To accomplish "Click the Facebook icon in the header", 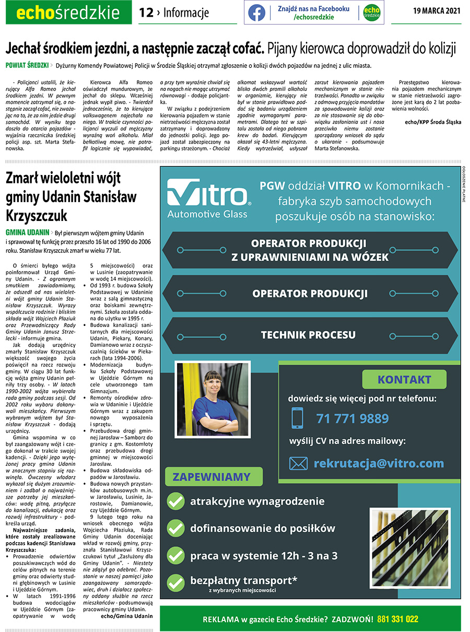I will pyautogui.click(x=256, y=13).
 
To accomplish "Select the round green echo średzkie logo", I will pyautogui.click(x=371, y=13).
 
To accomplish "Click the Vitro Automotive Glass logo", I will pyautogui.click(x=208, y=198).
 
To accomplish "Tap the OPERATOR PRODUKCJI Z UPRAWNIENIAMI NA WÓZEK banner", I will pyautogui.click(x=310, y=250).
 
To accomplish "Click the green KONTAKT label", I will pyautogui.click(x=404, y=380).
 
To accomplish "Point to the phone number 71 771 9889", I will pyautogui.click(x=352, y=418).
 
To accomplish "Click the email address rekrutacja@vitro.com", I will pyautogui.click(x=379, y=463).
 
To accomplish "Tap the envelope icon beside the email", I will pyautogui.click(x=298, y=463).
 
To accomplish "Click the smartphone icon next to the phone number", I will pyautogui.click(x=297, y=418).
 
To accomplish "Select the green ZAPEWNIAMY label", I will pyautogui.click(x=211, y=477).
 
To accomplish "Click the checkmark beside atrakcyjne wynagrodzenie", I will pyautogui.click(x=175, y=502).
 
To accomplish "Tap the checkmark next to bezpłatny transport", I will pyautogui.click(x=175, y=582).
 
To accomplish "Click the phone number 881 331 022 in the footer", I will pyautogui.click(x=397, y=619).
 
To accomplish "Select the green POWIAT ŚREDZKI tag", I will pyautogui.click(x=27, y=66).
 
